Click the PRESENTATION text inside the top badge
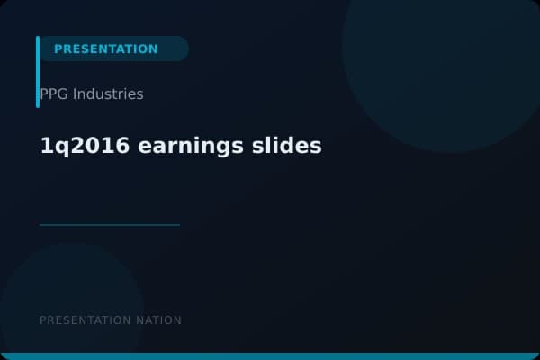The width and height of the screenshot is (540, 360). point(105,49)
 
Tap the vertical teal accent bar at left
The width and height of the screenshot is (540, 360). point(38,72)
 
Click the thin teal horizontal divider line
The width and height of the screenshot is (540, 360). point(110,225)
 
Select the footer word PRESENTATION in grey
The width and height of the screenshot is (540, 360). point(85,320)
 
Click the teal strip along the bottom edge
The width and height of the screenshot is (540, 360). point(270,356)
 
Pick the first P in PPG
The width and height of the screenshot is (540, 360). point(44,94)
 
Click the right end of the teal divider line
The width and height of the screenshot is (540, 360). point(178,225)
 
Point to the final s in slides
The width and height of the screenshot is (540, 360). point(316,147)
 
